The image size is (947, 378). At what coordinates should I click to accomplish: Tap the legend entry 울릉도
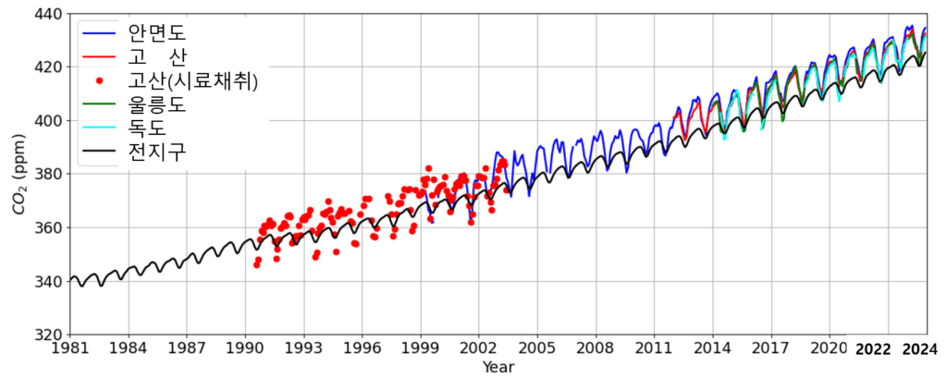click(156, 104)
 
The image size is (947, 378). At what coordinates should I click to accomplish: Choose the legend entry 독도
click(145, 128)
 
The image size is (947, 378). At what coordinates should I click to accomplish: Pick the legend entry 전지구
click(156, 151)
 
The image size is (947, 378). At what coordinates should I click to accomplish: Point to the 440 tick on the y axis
click(46, 15)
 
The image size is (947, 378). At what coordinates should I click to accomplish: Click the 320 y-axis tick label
click(46, 335)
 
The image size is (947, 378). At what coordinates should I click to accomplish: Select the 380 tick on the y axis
click(46, 175)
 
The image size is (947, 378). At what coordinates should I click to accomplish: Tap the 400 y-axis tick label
click(46, 121)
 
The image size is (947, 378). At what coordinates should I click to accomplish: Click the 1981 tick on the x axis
click(69, 348)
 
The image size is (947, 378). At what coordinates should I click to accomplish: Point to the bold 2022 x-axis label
click(874, 348)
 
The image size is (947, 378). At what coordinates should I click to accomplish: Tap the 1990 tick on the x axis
click(245, 348)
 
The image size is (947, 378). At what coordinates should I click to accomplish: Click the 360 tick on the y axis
click(46, 228)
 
